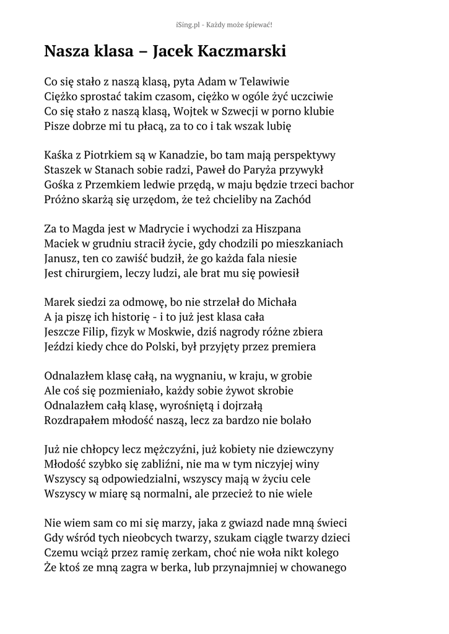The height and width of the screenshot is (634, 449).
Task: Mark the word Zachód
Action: tap(289, 200)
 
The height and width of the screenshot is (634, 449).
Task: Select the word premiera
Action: tap(291, 347)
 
